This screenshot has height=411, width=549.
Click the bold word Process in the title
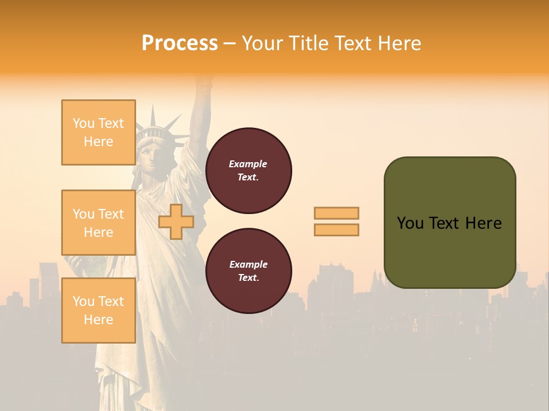click(x=180, y=43)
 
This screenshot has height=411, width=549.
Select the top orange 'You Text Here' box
click(x=98, y=132)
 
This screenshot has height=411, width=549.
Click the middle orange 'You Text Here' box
click(x=98, y=223)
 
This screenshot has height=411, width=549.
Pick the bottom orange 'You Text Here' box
click(x=98, y=311)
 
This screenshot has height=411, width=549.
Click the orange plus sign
click(x=176, y=221)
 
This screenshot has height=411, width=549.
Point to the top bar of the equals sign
click(x=337, y=213)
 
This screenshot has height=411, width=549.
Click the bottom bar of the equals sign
click(x=337, y=229)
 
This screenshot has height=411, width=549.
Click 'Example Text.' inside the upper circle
click(x=248, y=171)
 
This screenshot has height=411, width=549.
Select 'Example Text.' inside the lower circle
click(x=248, y=271)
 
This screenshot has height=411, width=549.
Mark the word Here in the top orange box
click(x=98, y=142)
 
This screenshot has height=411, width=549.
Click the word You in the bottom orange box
click(x=83, y=301)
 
